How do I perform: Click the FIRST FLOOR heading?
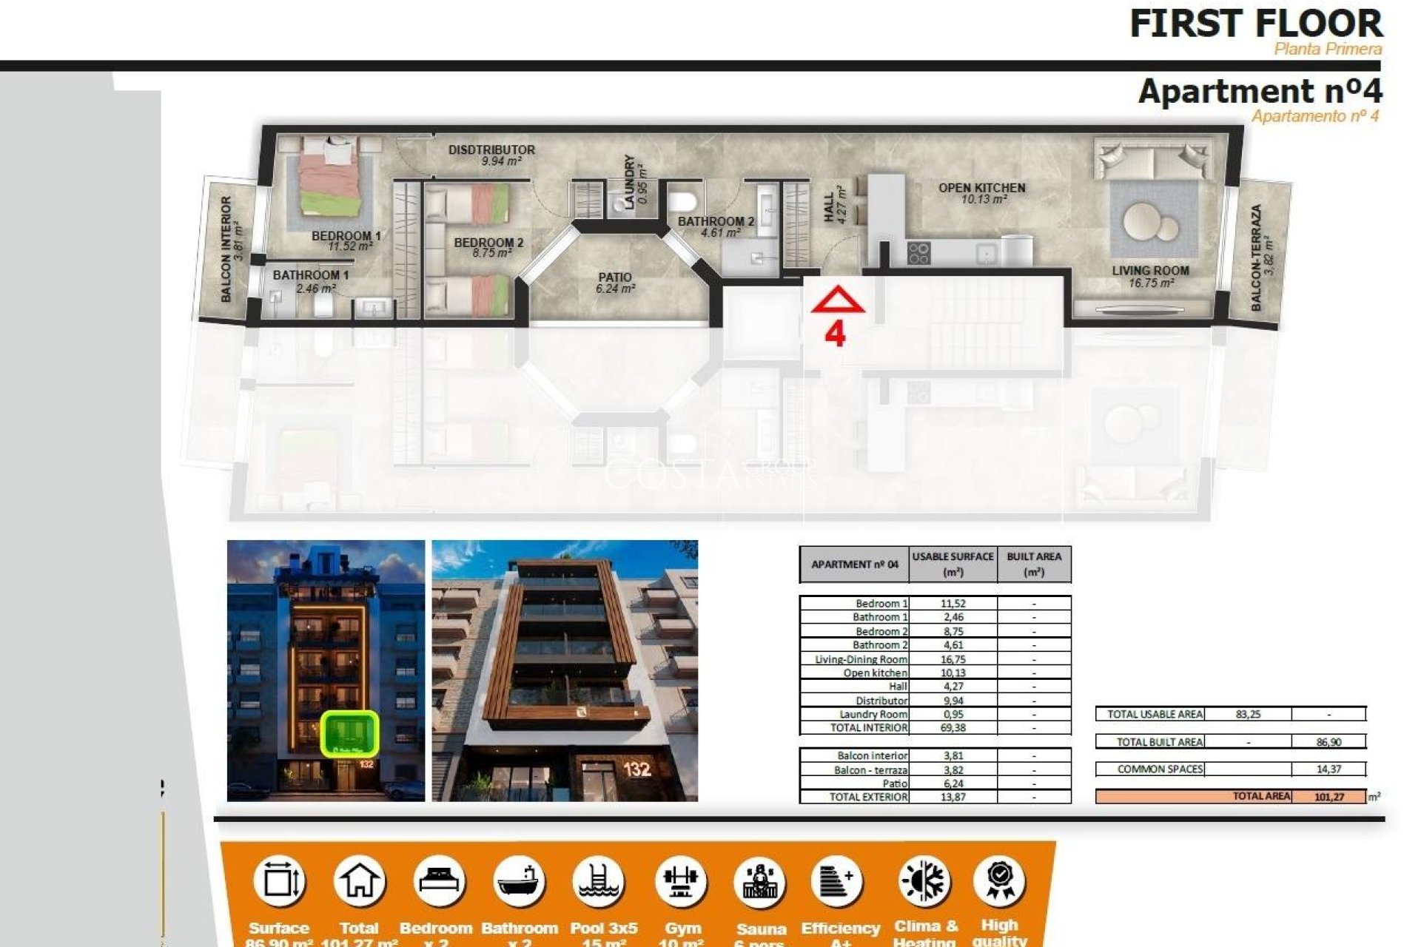point(1255,24)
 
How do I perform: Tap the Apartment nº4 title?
point(1260,92)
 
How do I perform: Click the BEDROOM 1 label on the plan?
point(346,236)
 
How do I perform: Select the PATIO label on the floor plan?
point(615,277)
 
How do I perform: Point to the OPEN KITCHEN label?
point(981,188)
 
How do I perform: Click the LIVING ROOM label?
point(1150,271)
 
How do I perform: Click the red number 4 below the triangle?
point(835,334)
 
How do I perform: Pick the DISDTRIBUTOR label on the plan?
point(491,150)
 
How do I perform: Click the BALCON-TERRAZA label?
point(1256,257)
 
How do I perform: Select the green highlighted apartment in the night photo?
point(350,733)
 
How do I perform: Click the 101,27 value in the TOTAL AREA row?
point(1329,797)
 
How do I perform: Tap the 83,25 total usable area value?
point(1248,714)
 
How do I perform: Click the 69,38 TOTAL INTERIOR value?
point(953,728)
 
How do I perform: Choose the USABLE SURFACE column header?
point(953,564)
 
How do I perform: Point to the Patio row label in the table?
point(895,783)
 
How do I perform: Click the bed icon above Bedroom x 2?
point(438,881)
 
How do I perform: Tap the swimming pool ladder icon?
point(599,881)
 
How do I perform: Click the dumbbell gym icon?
point(680,881)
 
